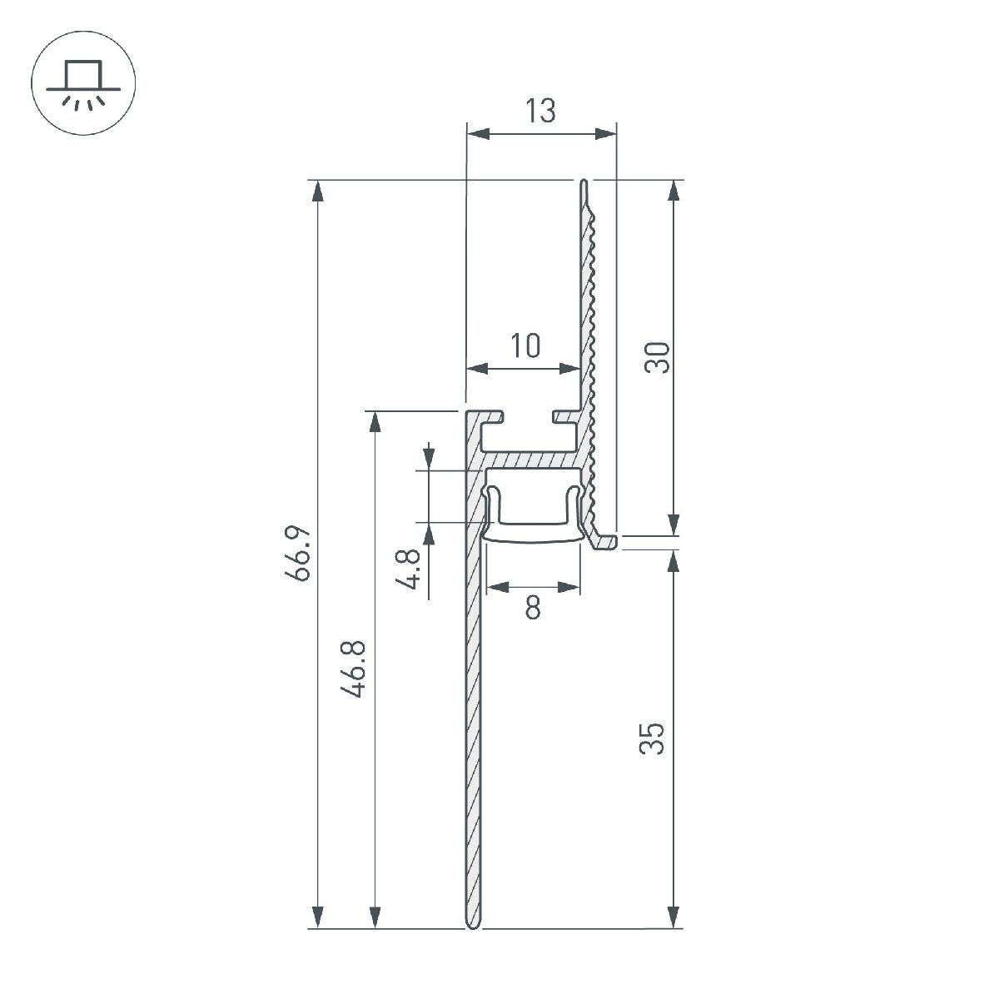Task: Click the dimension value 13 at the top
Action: click(540, 111)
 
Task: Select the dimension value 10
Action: click(524, 345)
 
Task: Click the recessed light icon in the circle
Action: click(83, 84)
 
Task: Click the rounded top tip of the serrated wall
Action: click(584, 183)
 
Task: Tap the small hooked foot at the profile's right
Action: click(606, 543)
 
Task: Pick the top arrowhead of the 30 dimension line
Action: click(673, 191)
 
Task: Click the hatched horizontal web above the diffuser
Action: click(533, 460)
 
